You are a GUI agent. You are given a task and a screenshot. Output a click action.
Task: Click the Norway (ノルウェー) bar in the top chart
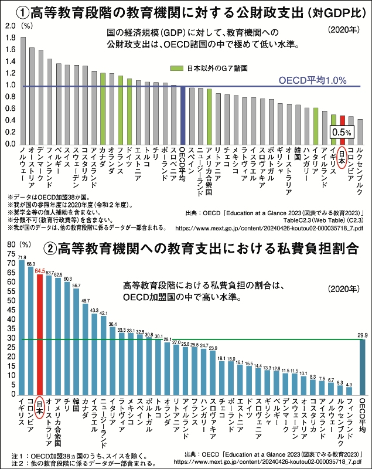coord(23,91)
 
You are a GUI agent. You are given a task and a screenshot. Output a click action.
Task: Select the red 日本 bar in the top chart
coord(343,130)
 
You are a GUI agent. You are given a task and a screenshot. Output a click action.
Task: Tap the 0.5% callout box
coord(342,132)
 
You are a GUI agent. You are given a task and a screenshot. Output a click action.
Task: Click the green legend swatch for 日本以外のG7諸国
coord(176,67)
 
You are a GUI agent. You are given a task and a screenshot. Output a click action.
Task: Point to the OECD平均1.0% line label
coord(312,79)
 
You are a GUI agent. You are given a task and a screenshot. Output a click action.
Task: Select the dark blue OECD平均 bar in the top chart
coord(183,115)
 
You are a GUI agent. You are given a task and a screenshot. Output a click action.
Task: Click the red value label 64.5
coord(40,271)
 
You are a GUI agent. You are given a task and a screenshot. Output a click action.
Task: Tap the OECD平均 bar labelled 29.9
coord(363,366)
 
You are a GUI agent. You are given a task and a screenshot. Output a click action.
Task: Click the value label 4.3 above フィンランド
coord(349,385)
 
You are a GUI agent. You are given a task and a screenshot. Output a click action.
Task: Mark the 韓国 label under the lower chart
coord(76,408)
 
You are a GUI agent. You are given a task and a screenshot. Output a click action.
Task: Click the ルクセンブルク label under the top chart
coord(360,171)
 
